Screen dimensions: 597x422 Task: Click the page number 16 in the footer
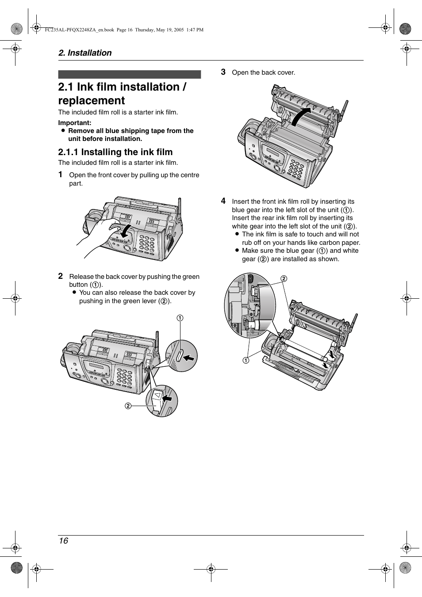[63, 541]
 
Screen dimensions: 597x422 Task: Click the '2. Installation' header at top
[85, 53]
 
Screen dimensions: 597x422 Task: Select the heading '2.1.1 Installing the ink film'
[115, 152]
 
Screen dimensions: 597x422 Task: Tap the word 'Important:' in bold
[75, 123]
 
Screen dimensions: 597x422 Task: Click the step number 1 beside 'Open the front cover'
[61, 175]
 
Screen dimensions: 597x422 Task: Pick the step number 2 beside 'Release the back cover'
[61, 276]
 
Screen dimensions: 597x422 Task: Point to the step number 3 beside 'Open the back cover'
[223, 72]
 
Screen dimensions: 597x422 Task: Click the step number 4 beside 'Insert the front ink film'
[223, 201]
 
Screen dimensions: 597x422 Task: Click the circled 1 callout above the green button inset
[180, 318]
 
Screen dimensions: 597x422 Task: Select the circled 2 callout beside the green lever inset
[128, 406]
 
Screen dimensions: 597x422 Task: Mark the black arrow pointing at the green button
[189, 357]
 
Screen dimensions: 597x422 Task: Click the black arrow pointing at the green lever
[167, 398]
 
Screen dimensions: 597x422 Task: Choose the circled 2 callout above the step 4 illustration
[284, 278]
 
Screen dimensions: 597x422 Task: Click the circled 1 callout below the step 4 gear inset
[246, 360]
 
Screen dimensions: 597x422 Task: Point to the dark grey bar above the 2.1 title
[129, 75]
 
